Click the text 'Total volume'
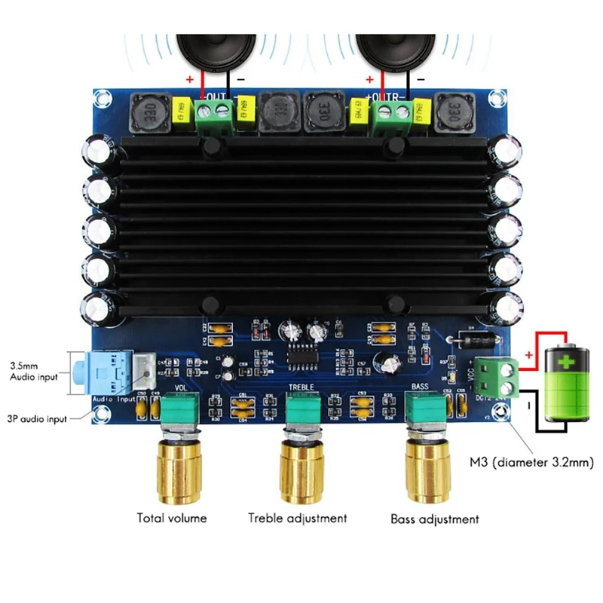pyautogui.click(x=171, y=518)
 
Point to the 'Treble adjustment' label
pyautogui.click(x=298, y=518)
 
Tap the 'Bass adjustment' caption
pyautogui.click(x=434, y=519)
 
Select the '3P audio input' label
pyautogui.click(x=35, y=418)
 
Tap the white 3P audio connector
pyautogui.click(x=144, y=369)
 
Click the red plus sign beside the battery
pyautogui.click(x=529, y=354)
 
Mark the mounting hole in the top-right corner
pyautogui.click(x=497, y=98)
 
